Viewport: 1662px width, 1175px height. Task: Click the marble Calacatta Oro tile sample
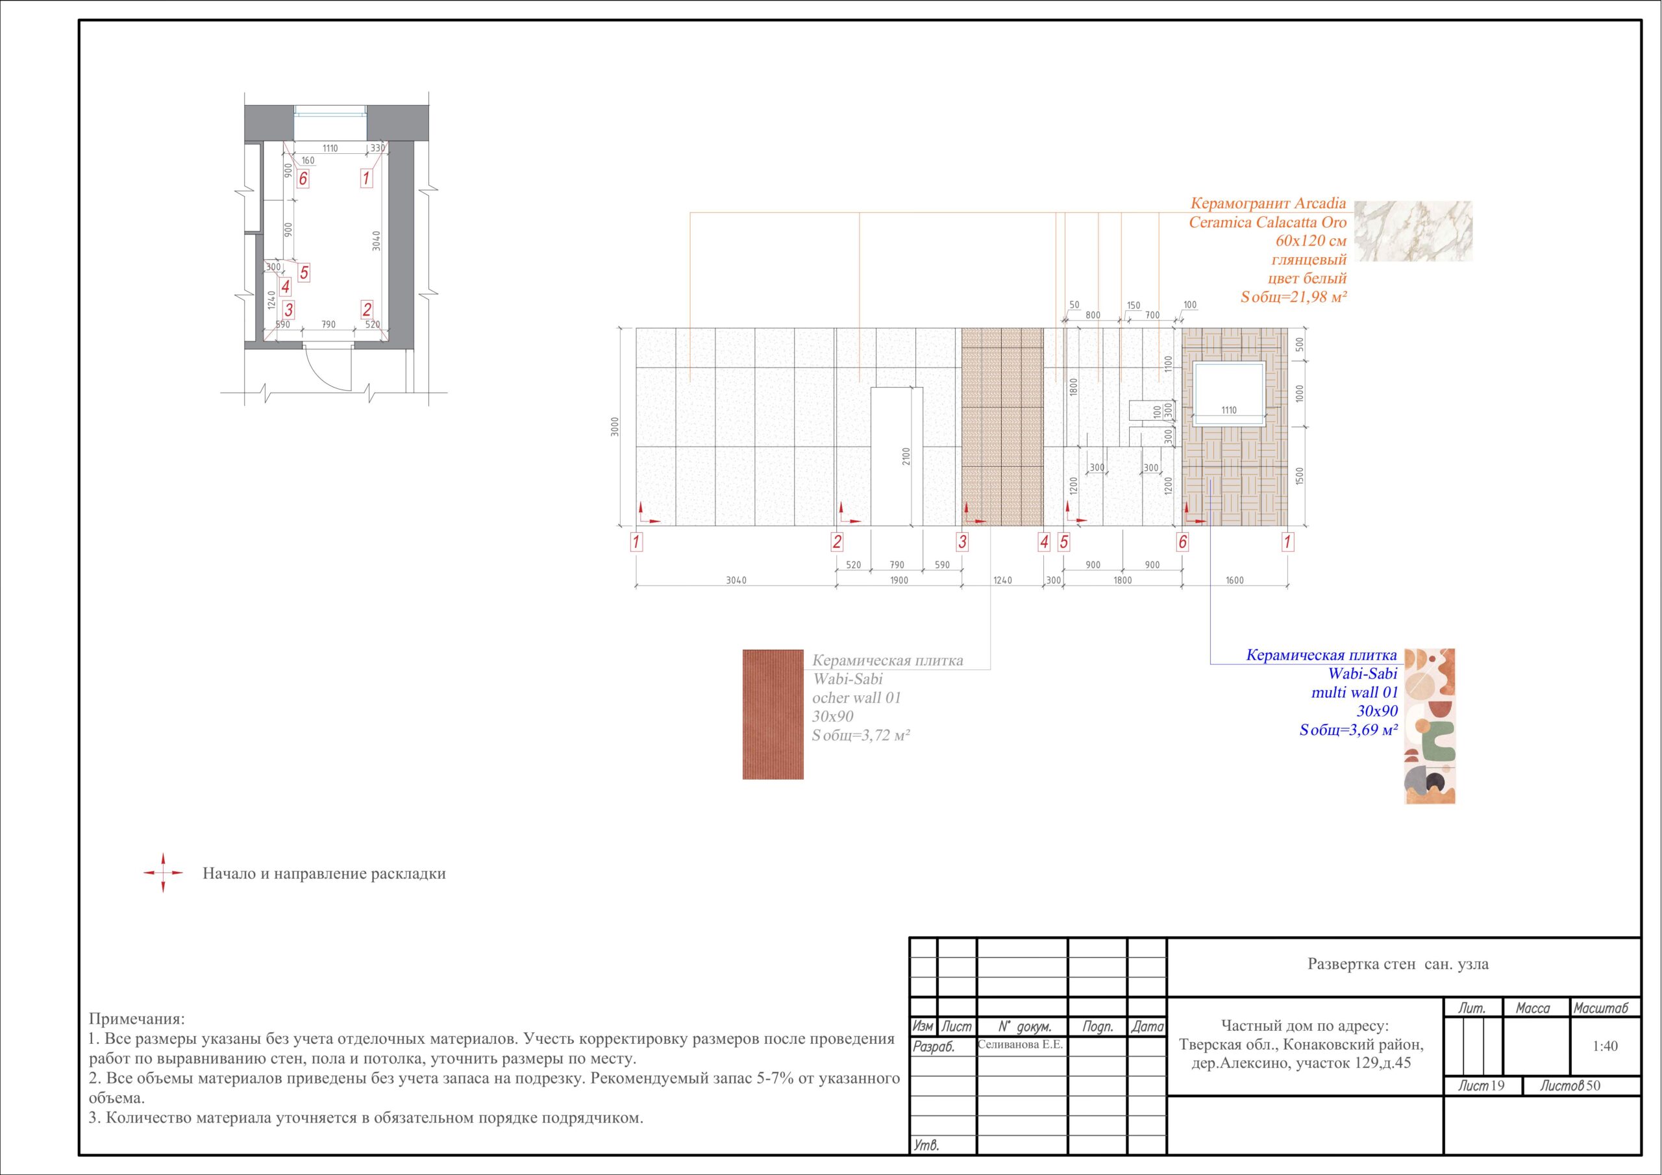(1413, 231)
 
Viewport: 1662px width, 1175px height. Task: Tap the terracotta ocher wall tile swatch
(773, 714)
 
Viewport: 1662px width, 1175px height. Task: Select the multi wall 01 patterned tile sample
(1430, 726)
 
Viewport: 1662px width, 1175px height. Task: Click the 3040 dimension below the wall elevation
(736, 580)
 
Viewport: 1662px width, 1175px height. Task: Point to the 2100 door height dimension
(906, 457)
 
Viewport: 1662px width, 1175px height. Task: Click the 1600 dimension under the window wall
(1235, 580)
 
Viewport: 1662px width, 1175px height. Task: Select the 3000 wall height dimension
(615, 427)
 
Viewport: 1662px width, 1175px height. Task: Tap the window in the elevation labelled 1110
(1229, 391)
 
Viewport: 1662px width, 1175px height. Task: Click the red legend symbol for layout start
(163, 873)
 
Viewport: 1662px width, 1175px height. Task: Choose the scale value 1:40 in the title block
(1605, 1046)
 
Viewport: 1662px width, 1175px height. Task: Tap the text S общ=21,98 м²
(1293, 296)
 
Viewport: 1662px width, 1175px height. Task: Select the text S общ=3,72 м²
(861, 735)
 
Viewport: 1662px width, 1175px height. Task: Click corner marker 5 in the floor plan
(304, 273)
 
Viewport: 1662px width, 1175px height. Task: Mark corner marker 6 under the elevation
(1182, 541)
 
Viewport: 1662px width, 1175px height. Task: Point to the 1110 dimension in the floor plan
(330, 149)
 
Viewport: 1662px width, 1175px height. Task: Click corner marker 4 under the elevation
(1044, 541)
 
